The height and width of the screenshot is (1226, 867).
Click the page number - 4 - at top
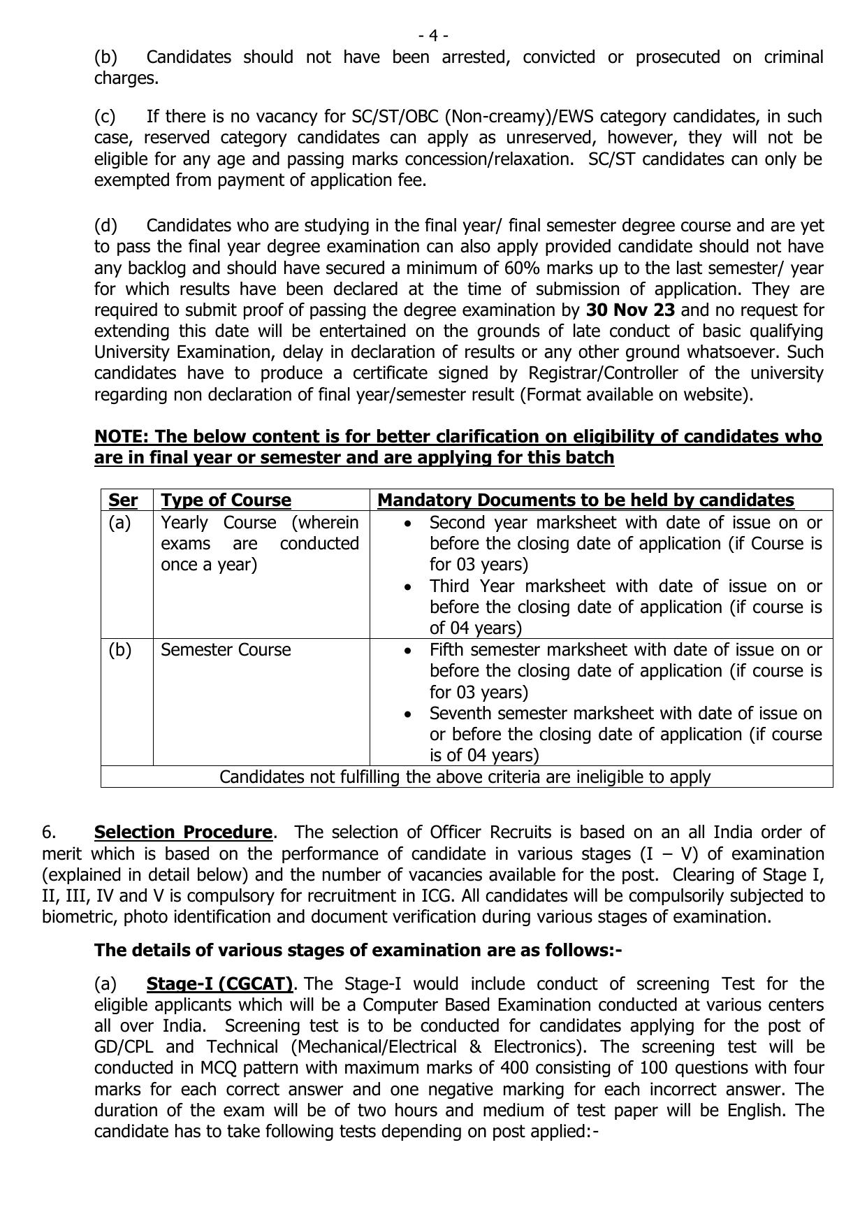click(x=433, y=35)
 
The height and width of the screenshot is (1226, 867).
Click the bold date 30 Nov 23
click(x=630, y=310)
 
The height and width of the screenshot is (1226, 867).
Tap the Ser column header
click(x=123, y=500)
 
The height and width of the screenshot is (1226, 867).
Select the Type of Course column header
click(x=226, y=500)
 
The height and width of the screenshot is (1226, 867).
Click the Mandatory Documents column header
click(x=585, y=500)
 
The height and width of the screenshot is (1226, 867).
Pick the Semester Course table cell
click(x=226, y=649)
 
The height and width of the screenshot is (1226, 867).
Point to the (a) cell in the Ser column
click(x=119, y=522)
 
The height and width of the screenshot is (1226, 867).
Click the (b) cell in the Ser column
click(x=119, y=649)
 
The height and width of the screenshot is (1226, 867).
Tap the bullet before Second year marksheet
click(x=407, y=523)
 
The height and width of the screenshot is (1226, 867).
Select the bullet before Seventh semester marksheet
click(x=407, y=714)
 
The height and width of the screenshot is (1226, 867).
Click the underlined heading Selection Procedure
click(x=183, y=832)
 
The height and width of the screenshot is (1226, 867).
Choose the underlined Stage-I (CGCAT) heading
click(x=219, y=983)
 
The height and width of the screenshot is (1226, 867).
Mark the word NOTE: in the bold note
click(x=122, y=436)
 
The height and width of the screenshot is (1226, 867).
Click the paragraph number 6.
click(x=49, y=832)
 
